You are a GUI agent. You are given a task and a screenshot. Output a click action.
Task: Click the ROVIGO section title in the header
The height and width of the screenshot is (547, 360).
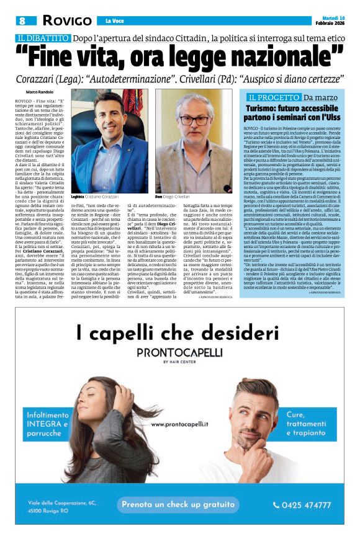(66, 20)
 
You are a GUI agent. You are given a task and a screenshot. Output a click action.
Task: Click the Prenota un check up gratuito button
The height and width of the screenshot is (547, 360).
(185, 505)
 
